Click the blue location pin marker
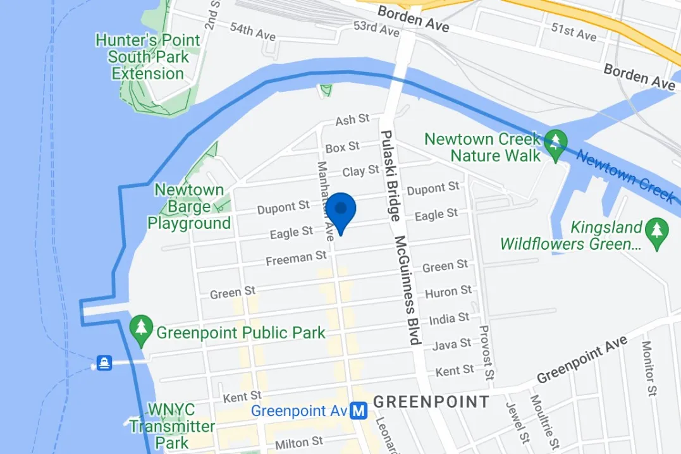(x=341, y=212)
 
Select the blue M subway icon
(x=359, y=411)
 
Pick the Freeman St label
(x=296, y=258)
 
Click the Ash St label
(x=352, y=119)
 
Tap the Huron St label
(x=448, y=292)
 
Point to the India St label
(x=449, y=319)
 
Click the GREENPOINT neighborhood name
(x=431, y=402)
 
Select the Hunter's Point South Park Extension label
(x=148, y=57)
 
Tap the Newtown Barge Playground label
(x=189, y=206)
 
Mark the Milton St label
(x=299, y=441)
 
